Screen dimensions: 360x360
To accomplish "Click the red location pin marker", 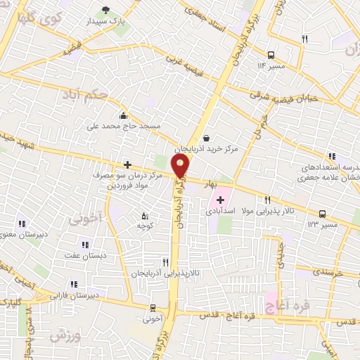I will point(181,167).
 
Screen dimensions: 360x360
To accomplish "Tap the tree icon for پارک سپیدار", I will point(105,10).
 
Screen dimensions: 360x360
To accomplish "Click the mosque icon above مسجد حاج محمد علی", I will point(124,116).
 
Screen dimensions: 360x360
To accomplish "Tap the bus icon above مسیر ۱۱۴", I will point(271,54).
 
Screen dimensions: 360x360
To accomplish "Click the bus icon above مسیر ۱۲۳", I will point(322,213).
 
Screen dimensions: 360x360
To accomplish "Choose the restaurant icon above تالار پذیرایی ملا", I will point(267,200).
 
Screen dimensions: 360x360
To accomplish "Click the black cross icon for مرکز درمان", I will point(127,165).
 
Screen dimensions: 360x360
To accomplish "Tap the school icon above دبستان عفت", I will point(85,245).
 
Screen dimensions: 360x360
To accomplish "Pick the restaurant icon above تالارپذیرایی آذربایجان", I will point(165,261).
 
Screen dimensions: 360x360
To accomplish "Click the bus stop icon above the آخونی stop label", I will point(153,308).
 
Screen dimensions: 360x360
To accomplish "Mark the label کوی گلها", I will point(33,18).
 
